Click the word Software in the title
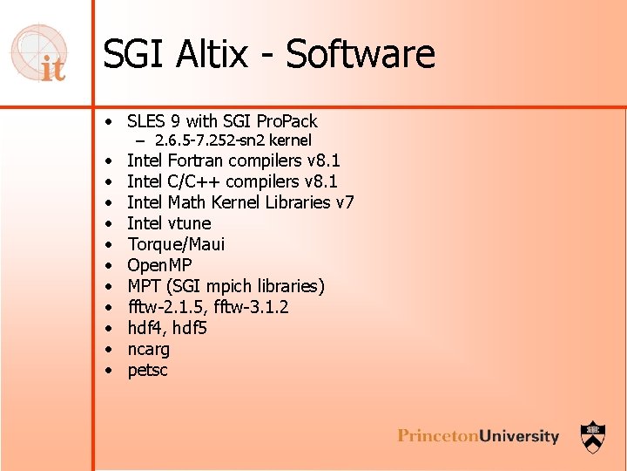click(361, 55)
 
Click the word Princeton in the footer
click(440, 436)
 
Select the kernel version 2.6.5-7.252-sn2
click(209, 140)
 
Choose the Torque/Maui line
click(176, 244)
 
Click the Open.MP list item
click(159, 265)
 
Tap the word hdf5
click(189, 328)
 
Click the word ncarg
click(149, 349)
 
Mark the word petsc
click(147, 370)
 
